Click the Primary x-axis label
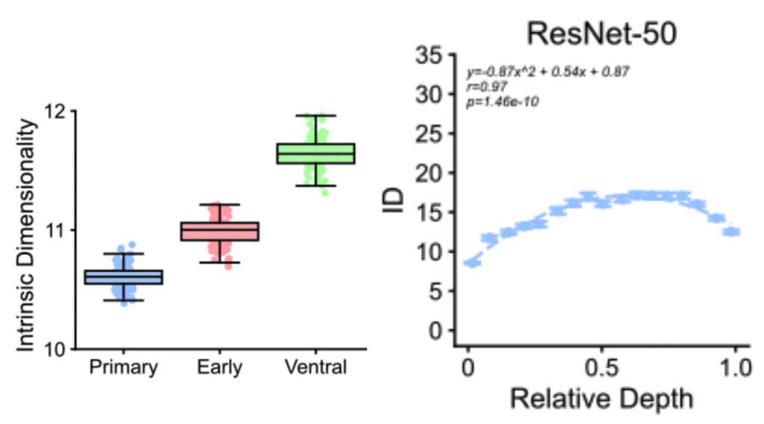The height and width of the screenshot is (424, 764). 123,367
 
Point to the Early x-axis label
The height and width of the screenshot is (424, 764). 219,367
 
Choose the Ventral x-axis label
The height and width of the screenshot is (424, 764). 316,367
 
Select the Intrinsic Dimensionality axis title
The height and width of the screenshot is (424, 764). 27,231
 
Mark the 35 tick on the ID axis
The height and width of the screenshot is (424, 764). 431,55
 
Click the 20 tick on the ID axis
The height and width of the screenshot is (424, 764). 431,173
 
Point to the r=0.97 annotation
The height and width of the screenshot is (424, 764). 487,86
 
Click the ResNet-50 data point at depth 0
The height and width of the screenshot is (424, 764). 471,262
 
